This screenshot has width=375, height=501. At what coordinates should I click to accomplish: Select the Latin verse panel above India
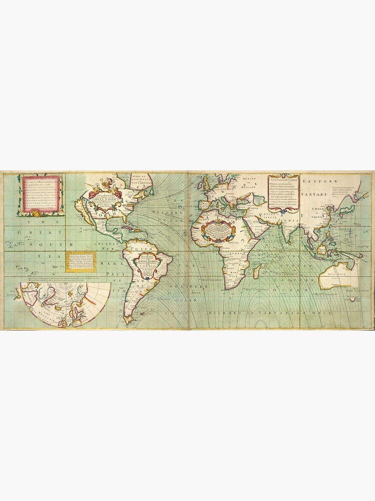click(283, 192)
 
